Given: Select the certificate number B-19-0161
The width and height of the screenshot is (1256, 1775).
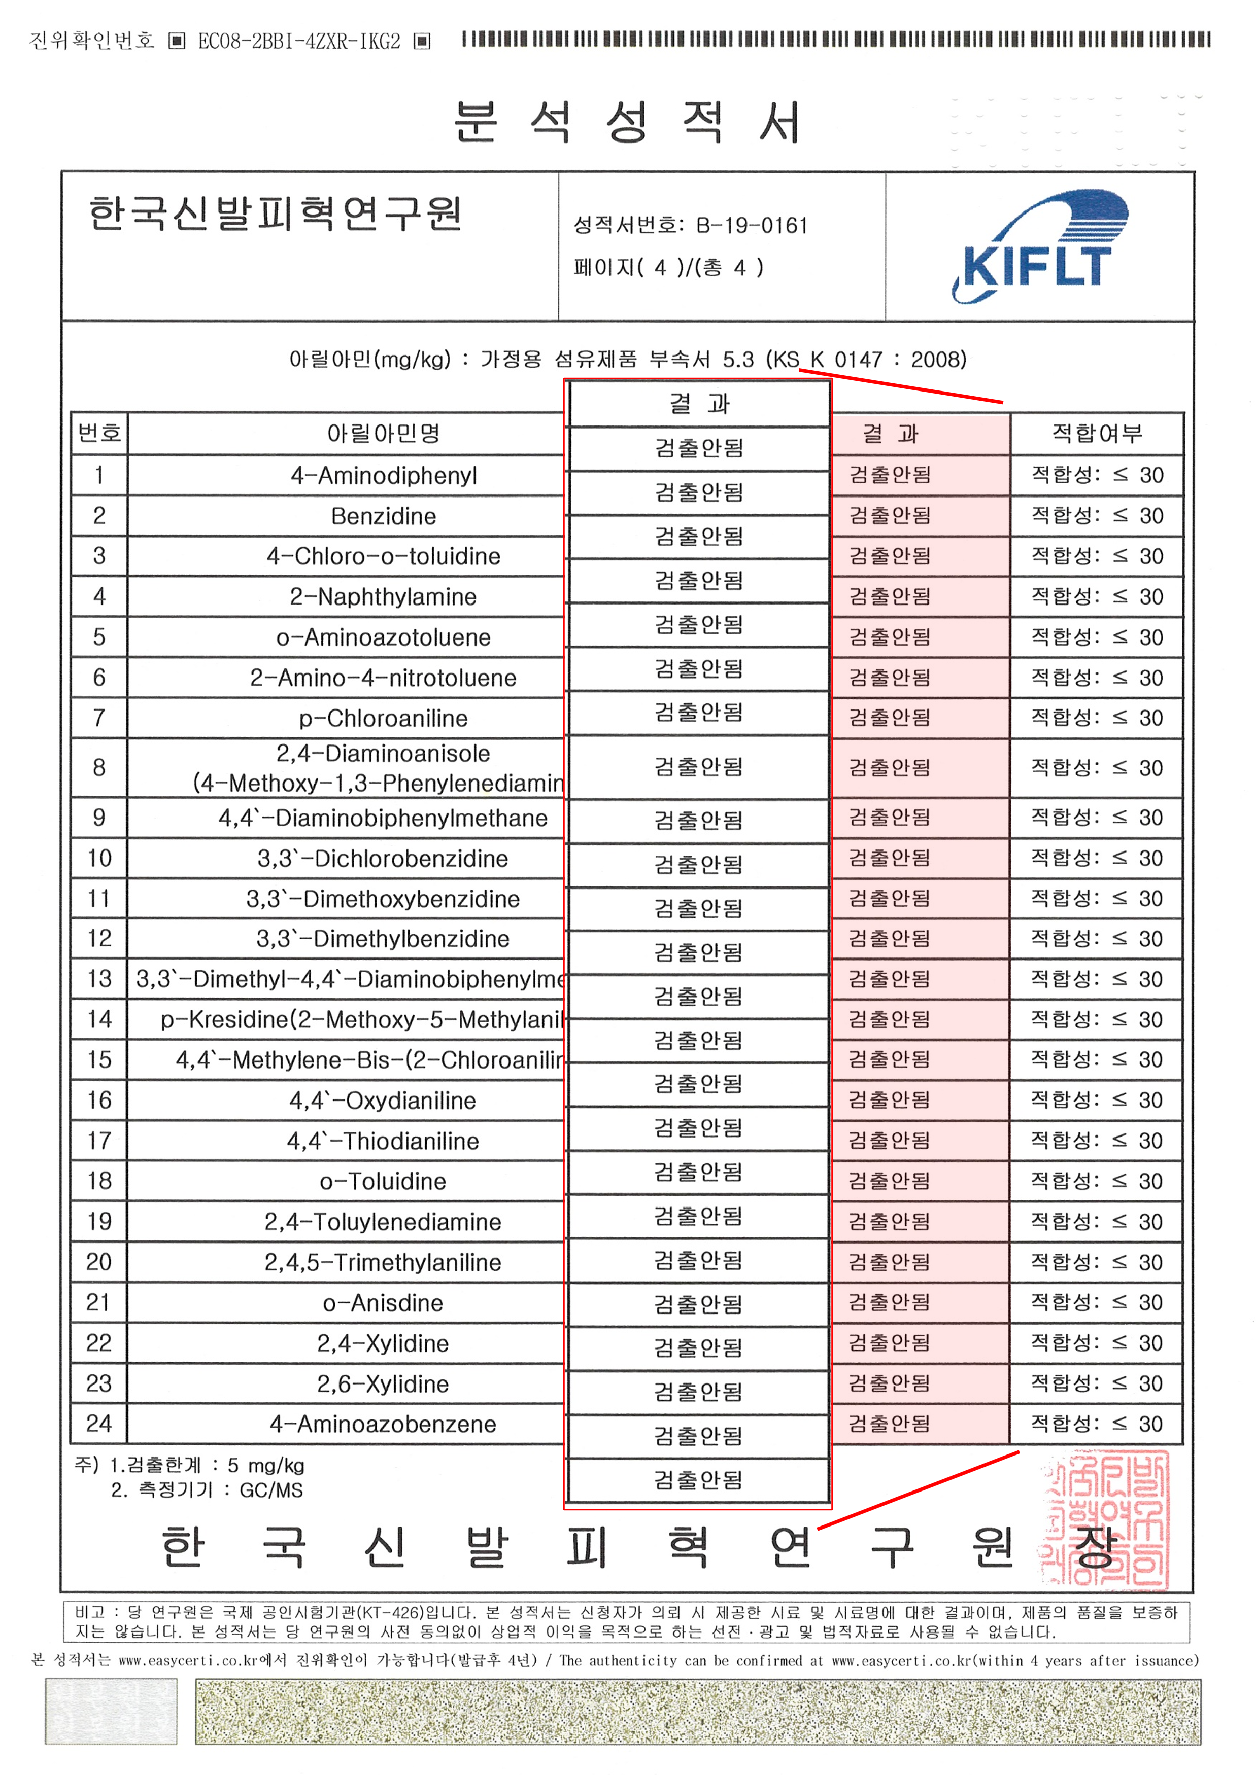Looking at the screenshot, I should click(x=752, y=226).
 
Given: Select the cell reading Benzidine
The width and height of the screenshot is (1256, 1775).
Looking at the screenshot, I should click(x=384, y=516).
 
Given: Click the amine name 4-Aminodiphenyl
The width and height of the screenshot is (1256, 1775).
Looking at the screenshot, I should click(x=384, y=476).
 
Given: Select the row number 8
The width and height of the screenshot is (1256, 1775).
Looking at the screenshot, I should click(x=99, y=768).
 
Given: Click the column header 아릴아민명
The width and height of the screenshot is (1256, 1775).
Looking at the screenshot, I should click(x=384, y=434).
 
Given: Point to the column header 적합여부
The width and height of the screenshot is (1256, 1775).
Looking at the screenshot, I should click(x=1097, y=434).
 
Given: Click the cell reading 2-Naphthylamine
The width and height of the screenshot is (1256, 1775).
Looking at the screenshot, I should click(x=384, y=597).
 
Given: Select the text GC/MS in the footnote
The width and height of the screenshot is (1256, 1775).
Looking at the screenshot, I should click(x=271, y=1490).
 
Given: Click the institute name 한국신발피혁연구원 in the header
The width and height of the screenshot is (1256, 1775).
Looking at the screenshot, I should click(x=276, y=214).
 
